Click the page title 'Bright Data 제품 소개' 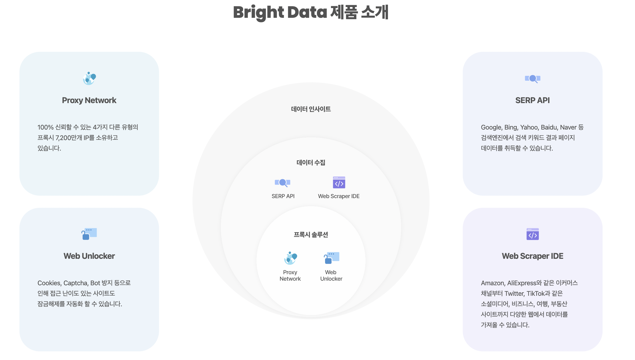pyautogui.click(x=311, y=12)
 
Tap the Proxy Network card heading pyautogui.click(x=89, y=100)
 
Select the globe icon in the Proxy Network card pyautogui.click(x=89, y=78)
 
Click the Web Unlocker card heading pyautogui.click(x=89, y=256)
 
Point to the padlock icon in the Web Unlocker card pyautogui.click(x=89, y=234)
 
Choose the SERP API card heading pyautogui.click(x=532, y=100)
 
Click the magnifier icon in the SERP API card pyautogui.click(x=532, y=79)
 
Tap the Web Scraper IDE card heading pyautogui.click(x=532, y=256)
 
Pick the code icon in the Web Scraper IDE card pyautogui.click(x=532, y=234)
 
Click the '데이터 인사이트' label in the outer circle pyautogui.click(x=311, y=109)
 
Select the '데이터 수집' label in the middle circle pyautogui.click(x=311, y=162)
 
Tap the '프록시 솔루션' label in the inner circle pyautogui.click(x=311, y=235)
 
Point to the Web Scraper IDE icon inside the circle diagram pyautogui.click(x=339, y=182)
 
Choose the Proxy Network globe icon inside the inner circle pyautogui.click(x=291, y=258)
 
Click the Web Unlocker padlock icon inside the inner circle pyautogui.click(x=332, y=258)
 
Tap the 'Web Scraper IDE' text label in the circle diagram pyautogui.click(x=339, y=196)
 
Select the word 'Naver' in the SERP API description pyautogui.click(x=568, y=127)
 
